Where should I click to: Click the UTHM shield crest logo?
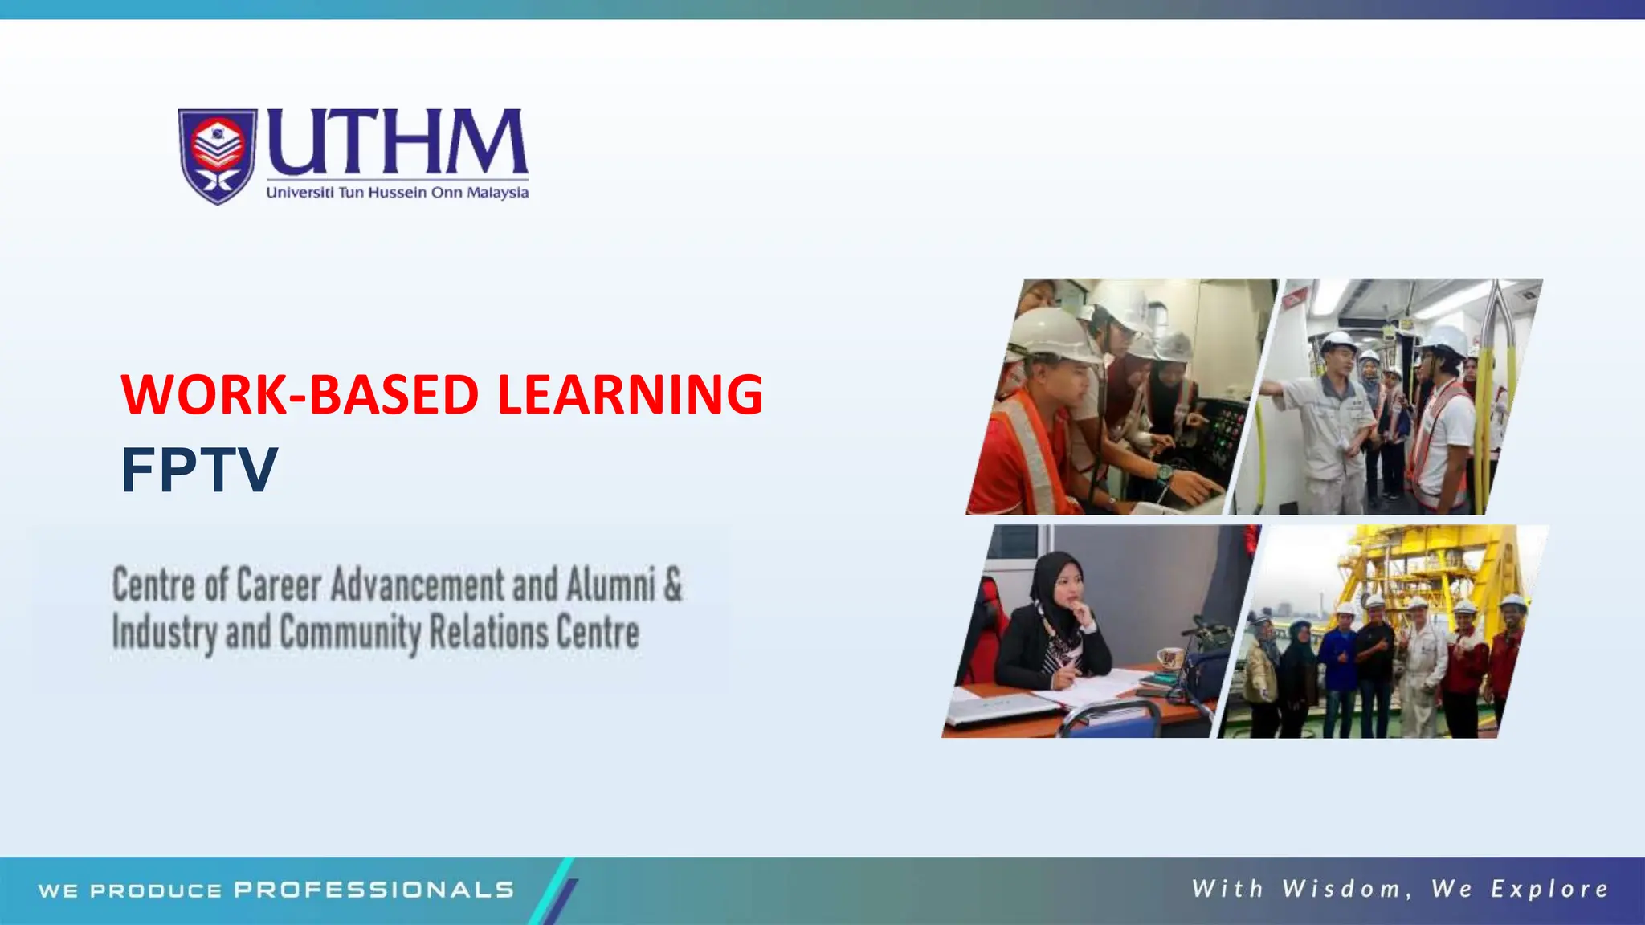click(x=217, y=156)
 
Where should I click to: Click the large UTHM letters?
click(x=397, y=142)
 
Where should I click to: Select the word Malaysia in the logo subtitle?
click(x=498, y=193)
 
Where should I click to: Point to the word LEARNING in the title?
click(x=630, y=394)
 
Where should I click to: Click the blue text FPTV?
click(x=198, y=471)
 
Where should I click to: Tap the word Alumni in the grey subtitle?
click(x=610, y=584)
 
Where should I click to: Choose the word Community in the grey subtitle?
click(x=350, y=633)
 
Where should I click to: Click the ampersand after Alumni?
click(x=673, y=584)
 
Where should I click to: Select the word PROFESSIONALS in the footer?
click(x=374, y=890)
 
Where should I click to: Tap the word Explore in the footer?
click(x=1549, y=889)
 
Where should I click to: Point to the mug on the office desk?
click(x=1169, y=658)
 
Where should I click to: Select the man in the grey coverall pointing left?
click(x=1325, y=418)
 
